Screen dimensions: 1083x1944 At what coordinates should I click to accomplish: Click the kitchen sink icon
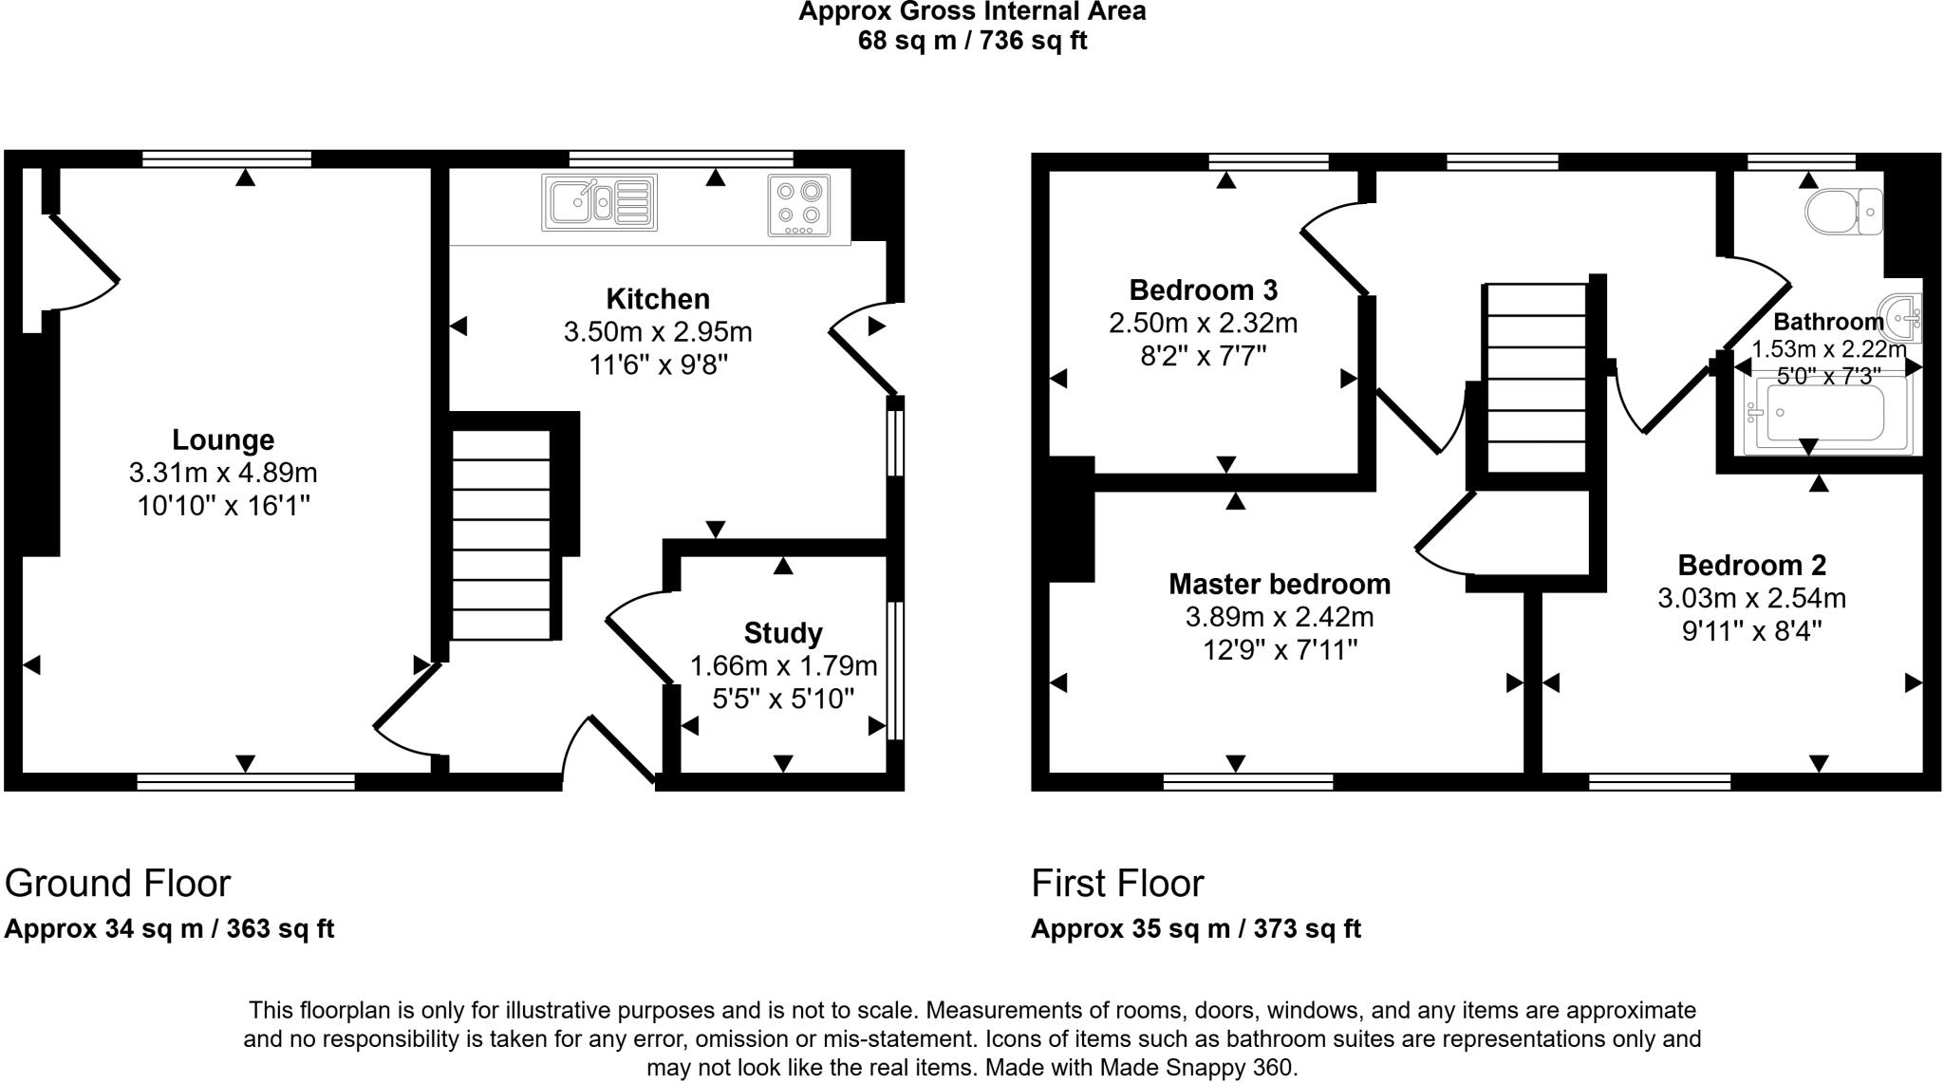pyautogui.click(x=599, y=203)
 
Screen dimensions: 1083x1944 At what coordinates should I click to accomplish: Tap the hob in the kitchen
pyautogui.click(x=798, y=205)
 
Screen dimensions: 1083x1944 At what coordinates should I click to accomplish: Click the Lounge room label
pyautogui.click(x=223, y=439)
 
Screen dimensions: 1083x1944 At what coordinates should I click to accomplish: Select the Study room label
pyautogui.click(x=783, y=633)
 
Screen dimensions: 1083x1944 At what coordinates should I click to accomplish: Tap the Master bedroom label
pyautogui.click(x=1280, y=584)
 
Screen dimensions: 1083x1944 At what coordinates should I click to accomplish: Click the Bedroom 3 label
pyautogui.click(x=1203, y=289)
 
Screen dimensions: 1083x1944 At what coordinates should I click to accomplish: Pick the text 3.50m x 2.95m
pyautogui.click(x=658, y=332)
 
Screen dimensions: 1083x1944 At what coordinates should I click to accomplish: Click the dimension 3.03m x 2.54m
pyautogui.click(x=1751, y=599)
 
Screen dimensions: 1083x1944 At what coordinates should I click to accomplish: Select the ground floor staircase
pyautogui.click(x=501, y=535)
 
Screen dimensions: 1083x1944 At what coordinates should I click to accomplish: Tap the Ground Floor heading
pyautogui.click(x=118, y=884)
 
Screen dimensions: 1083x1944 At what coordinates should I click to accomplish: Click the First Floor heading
pyautogui.click(x=1117, y=884)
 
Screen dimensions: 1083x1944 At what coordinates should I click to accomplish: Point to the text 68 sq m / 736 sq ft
pyautogui.click(x=972, y=41)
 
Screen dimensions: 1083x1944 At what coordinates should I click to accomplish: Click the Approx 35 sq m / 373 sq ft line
pyautogui.click(x=1196, y=928)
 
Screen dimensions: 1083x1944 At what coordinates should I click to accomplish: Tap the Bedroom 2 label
pyautogui.click(x=1751, y=566)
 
